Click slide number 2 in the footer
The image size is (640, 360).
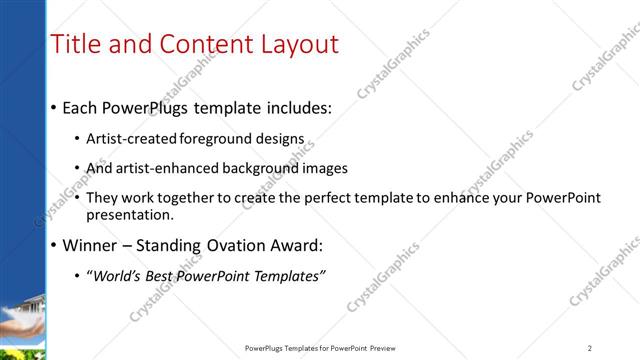[x=590, y=348]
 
